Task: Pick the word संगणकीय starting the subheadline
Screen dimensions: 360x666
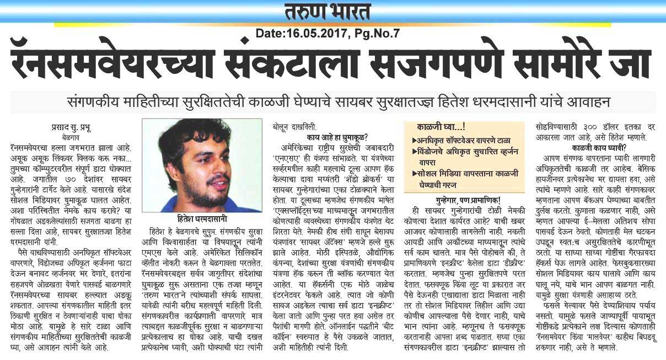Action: pyautogui.click(x=89, y=103)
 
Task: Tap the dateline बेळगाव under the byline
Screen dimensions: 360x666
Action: pyautogui.click(x=53, y=134)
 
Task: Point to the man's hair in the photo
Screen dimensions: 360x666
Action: pyautogui.click(x=187, y=138)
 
